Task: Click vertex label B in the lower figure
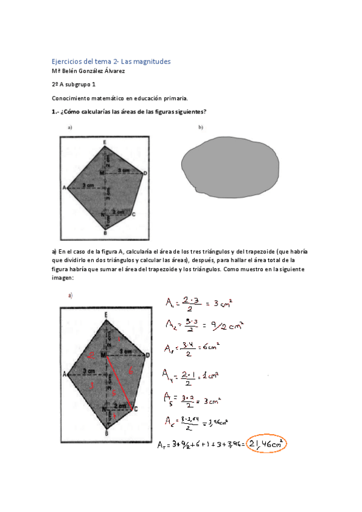coord(106,432)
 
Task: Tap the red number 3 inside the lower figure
coord(91,385)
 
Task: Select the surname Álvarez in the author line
coord(113,71)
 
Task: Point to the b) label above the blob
coord(200,127)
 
